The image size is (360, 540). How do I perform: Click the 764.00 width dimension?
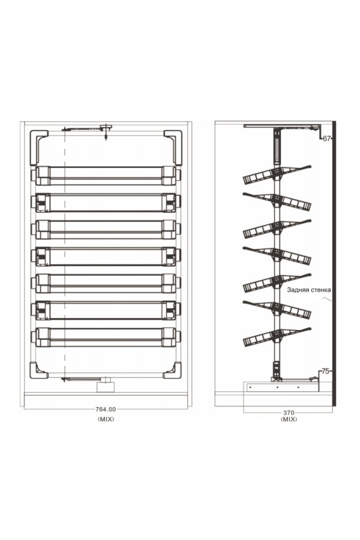coord(106,409)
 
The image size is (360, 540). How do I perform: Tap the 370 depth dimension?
coord(289,412)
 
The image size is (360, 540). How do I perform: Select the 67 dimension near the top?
coord(326,139)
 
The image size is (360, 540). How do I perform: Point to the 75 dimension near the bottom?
coord(325,371)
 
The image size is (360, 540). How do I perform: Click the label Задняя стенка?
coord(309,290)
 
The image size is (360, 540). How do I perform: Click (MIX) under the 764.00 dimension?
coord(106,419)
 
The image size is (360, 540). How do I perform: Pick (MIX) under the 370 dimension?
coord(289,419)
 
